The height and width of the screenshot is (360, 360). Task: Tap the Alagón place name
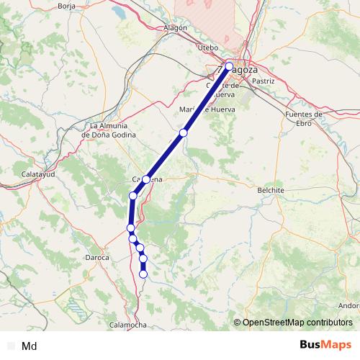(x=176, y=28)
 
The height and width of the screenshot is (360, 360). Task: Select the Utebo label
(x=207, y=48)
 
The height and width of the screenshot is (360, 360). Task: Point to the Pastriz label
(x=264, y=81)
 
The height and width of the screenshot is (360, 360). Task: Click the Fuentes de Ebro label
(x=303, y=119)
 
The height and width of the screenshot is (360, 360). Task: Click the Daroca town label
(x=97, y=256)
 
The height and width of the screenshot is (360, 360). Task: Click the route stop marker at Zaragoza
(x=229, y=67)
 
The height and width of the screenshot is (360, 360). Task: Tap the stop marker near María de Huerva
(x=184, y=132)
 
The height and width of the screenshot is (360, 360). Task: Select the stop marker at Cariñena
(x=146, y=179)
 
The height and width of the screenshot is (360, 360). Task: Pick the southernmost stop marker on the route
(x=143, y=274)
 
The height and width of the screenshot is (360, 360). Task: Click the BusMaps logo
(x=325, y=345)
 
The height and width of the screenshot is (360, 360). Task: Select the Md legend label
(x=30, y=346)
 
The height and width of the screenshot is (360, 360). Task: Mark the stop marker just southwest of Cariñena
(x=132, y=196)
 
